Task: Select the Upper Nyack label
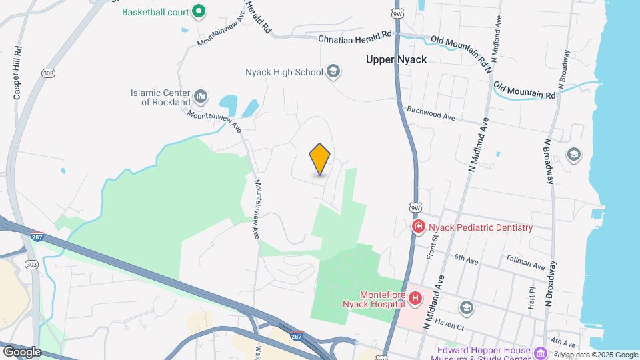(x=396, y=59)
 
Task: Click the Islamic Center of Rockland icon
(x=201, y=97)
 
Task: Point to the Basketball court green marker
(x=198, y=11)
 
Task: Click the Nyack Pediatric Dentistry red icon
(x=419, y=227)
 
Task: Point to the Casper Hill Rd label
(x=18, y=73)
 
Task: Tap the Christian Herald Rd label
(x=355, y=38)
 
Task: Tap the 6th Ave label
(x=467, y=257)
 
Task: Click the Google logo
(x=21, y=352)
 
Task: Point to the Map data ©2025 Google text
(x=599, y=355)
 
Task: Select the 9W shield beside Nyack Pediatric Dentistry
(x=417, y=207)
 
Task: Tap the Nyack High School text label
(x=284, y=71)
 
